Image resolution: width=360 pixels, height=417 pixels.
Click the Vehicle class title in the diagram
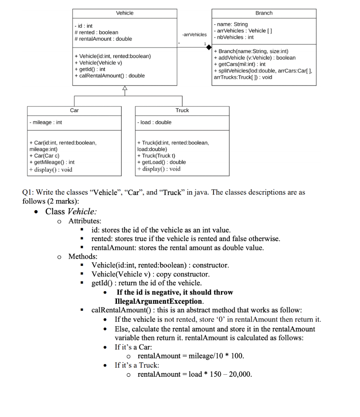[x=125, y=13]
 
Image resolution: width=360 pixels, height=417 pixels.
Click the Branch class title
[x=264, y=13]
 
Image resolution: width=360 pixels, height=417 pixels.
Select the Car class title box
[x=74, y=110]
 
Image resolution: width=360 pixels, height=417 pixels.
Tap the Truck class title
[x=182, y=110]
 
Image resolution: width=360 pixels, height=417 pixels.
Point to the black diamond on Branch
[x=209, y=47]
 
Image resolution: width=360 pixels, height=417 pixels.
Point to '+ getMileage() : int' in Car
[x=51, y=162]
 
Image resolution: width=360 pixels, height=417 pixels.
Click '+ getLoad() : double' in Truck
[x=161, y=162]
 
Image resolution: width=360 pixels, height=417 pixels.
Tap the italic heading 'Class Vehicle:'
[x=71, y=211]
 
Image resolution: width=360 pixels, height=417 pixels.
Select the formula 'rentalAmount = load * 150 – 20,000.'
[x=195, y=374]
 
